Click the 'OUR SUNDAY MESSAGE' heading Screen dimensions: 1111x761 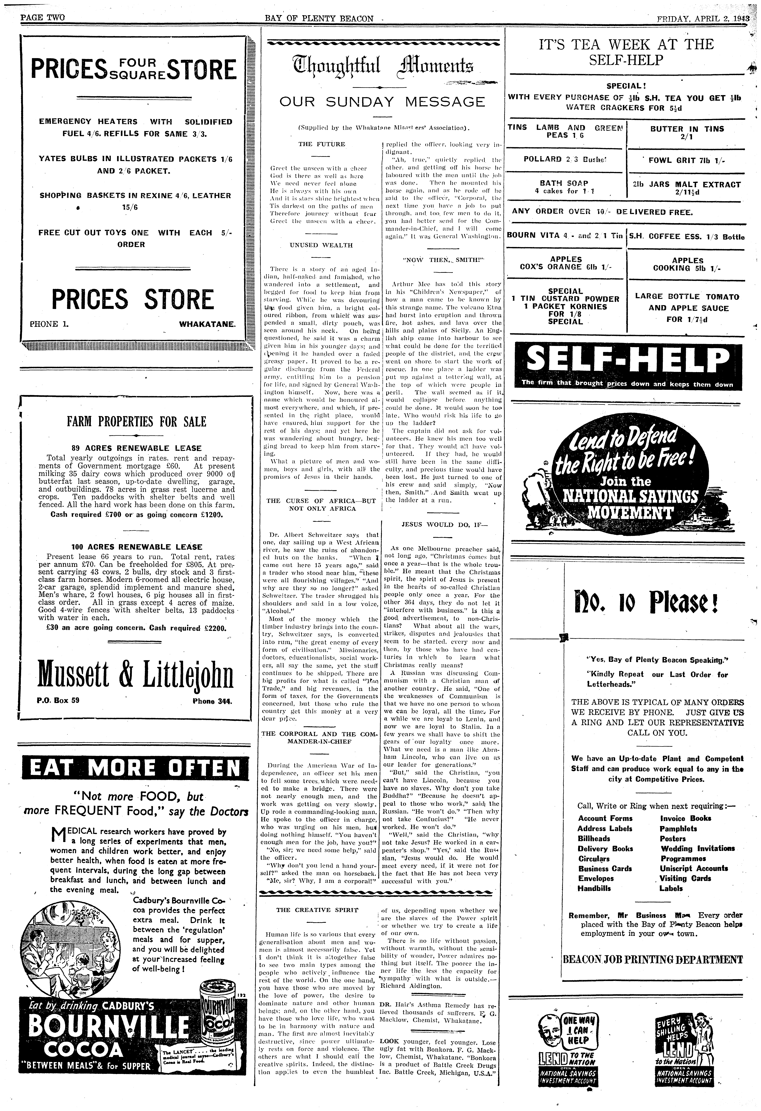pyautogui.click(x=382, y=102)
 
